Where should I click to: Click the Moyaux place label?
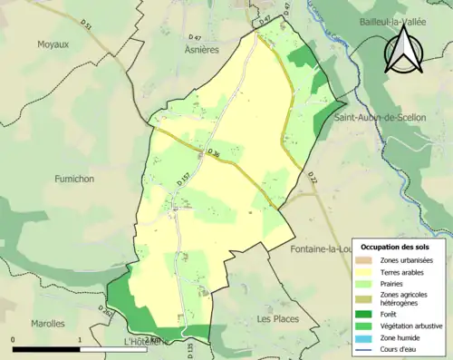pyautogui.click(x=53, y=44)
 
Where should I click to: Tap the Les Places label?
pyautogui.click(x=277, y=319)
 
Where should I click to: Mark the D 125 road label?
pyautogui.click(x=190, y=349)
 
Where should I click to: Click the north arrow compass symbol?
pyautogui.click(x=403, y=53)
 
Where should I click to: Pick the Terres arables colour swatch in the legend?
pyautogui.click(x=369, y=270)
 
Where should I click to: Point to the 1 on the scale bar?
pyautogui.click(x=80, y=340)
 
